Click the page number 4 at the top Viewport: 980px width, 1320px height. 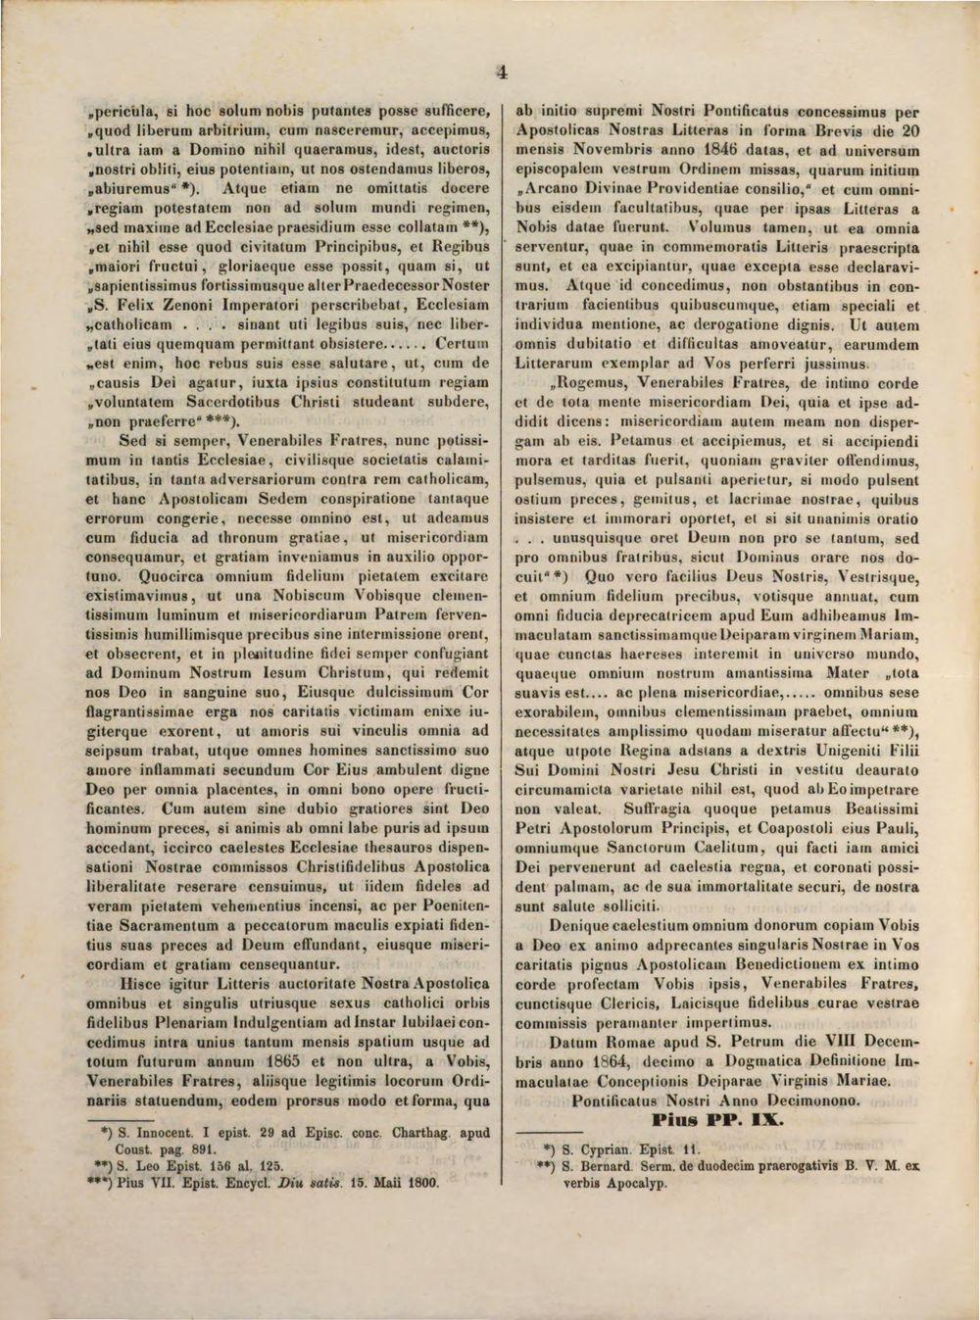502,72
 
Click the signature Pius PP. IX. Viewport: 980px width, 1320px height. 710,1119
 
